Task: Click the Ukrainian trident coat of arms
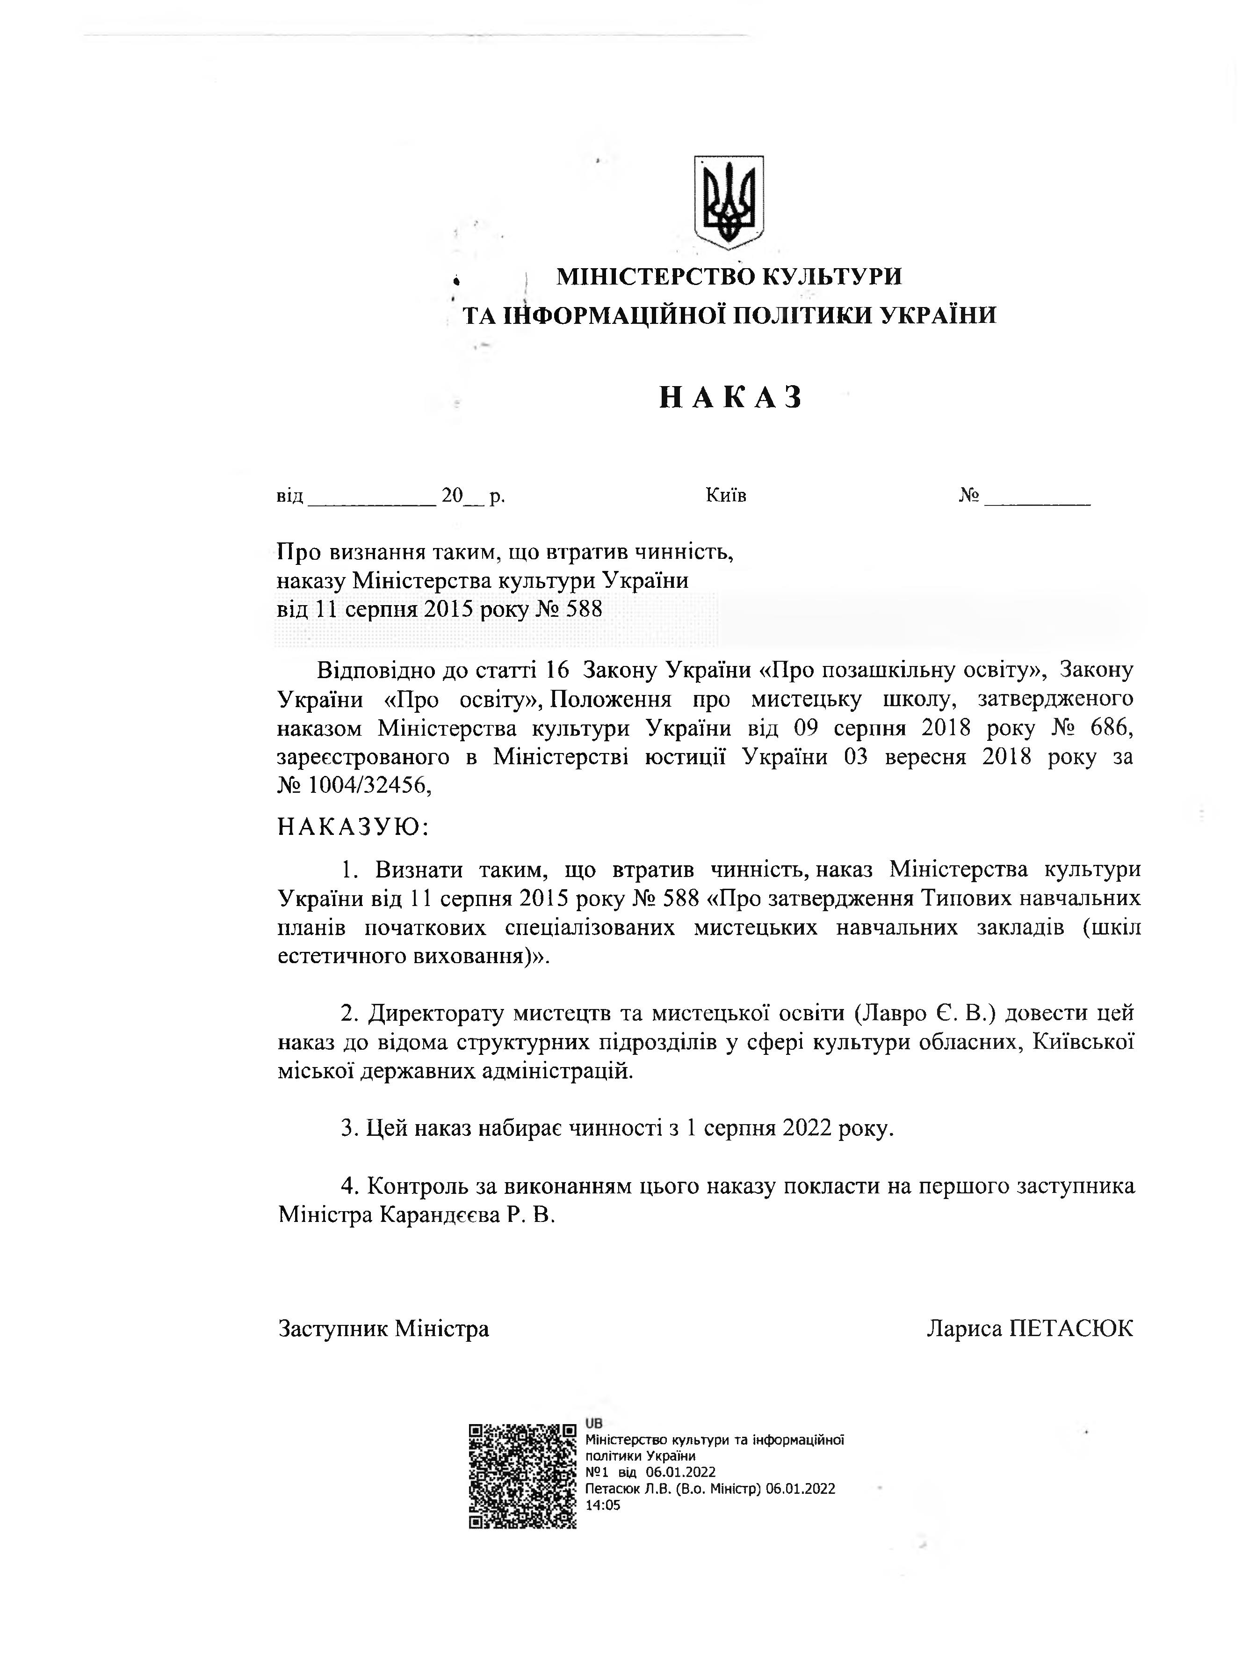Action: (x=729, y=202)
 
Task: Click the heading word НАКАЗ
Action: (x=731, y=396)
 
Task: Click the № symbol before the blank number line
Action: (x=968, y=495)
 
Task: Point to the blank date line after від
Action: (x=371, y=498)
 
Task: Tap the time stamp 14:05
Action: (x=603, y=1505)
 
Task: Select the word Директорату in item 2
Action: (x=435, y=1013)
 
